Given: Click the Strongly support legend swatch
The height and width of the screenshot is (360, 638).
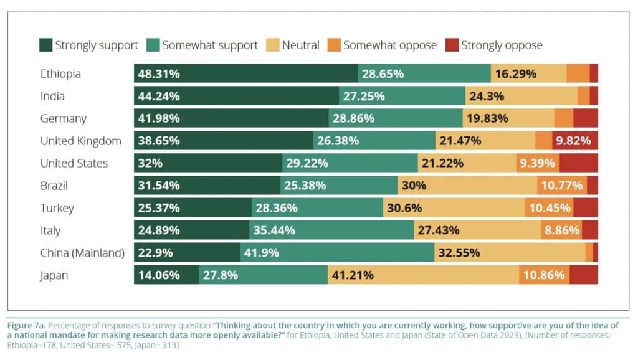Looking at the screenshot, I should [45, 45].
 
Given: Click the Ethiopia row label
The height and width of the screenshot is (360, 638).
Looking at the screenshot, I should [60, 73].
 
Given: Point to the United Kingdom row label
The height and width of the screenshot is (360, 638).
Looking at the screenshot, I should [80, 141].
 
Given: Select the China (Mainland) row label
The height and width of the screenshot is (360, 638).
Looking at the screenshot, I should [82, 253].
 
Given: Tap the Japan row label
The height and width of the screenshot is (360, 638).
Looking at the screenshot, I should [54, 275].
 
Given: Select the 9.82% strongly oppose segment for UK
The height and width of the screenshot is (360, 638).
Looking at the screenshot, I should [574, 141].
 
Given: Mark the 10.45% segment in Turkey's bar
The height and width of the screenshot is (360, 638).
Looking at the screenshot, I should [549, 208].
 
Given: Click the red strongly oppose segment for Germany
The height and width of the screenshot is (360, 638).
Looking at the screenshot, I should [586, 118].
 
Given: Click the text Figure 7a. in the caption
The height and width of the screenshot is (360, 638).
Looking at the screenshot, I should [26, 326].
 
